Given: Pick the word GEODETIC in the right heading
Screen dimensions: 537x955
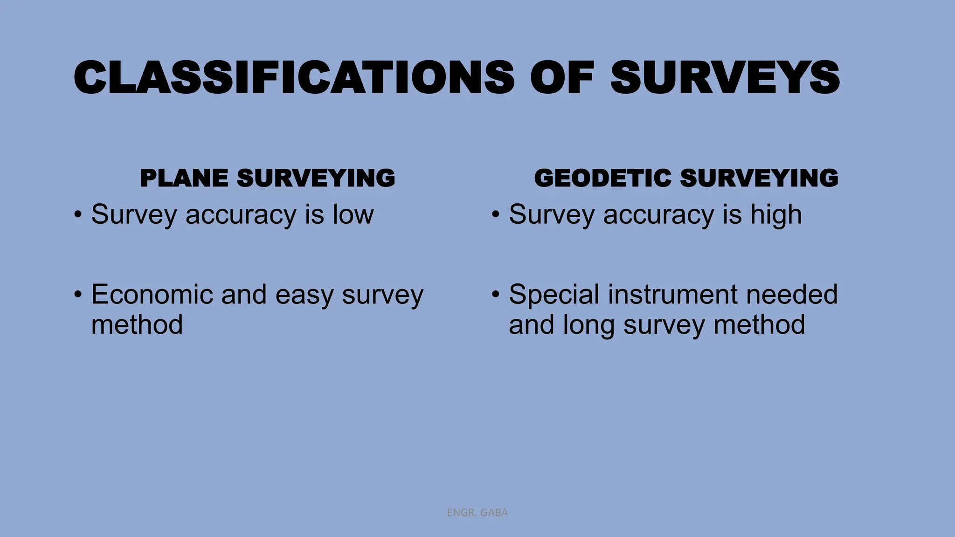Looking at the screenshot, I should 602,178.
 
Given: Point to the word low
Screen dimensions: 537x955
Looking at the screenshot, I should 353,214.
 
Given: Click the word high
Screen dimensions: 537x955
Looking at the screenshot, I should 776,215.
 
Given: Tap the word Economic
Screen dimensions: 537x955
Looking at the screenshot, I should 152,295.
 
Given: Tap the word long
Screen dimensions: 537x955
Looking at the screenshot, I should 588,325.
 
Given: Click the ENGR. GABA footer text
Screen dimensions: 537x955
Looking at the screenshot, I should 477,513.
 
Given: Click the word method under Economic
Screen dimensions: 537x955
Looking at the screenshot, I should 137,324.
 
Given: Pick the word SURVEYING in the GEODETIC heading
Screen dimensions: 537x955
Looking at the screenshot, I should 759,178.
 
